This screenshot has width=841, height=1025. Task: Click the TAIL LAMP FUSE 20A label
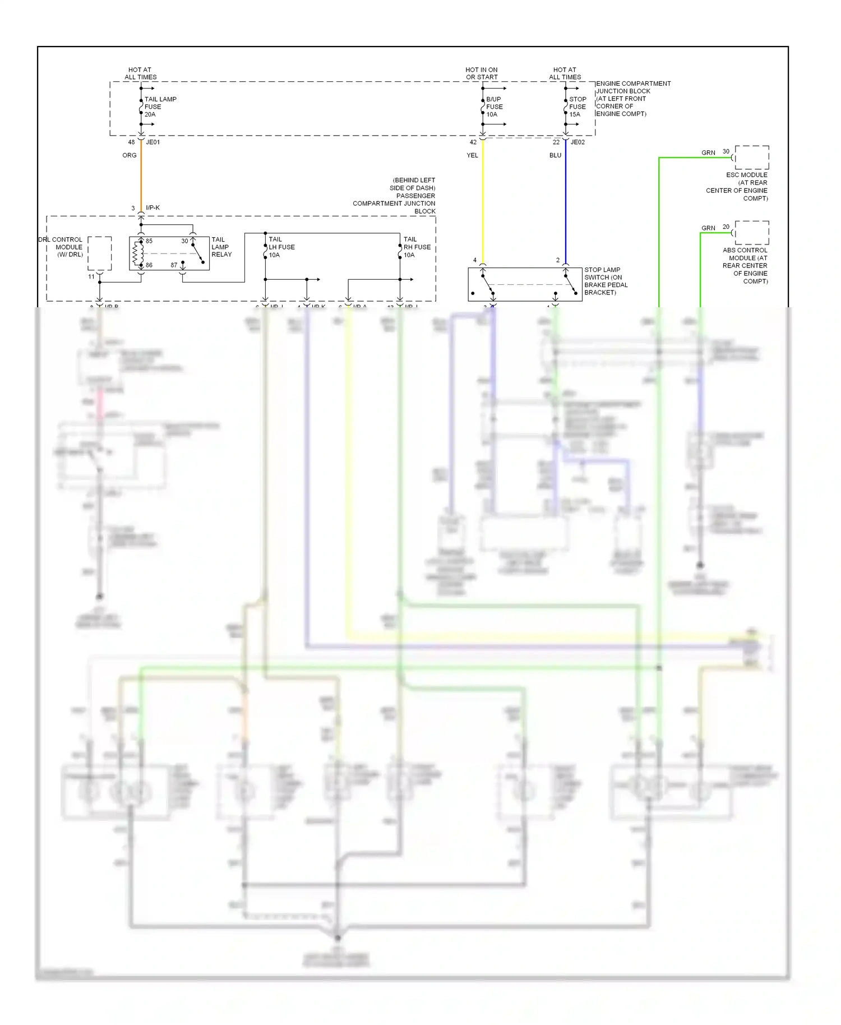(160, 107)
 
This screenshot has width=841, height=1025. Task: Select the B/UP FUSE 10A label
(494, 107)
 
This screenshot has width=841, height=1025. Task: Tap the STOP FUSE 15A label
(577, 107)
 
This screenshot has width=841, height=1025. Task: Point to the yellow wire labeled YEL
(482, 202)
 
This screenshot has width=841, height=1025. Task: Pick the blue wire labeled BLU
(565, 202)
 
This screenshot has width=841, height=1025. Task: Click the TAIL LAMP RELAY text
(221, 247)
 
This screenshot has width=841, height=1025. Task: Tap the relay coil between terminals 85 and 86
(135, 253)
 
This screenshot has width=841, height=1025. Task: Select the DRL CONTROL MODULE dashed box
(100, 253)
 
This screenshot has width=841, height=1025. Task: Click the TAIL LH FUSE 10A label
(281, 247)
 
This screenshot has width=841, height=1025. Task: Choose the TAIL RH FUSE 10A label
(417, 247)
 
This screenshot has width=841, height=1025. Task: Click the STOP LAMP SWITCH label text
(605, 281)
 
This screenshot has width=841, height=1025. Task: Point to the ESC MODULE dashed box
(752, 158)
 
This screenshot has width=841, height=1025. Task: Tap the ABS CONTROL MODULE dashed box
(752, 233)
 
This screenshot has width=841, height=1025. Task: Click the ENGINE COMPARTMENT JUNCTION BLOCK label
(632, 99)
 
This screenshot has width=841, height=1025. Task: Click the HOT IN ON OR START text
(482, 73)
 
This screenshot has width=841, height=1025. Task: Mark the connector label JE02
(577, 142)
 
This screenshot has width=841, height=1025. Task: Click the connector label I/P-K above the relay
(153, 208)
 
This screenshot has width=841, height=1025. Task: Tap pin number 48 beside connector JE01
(132, 142)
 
